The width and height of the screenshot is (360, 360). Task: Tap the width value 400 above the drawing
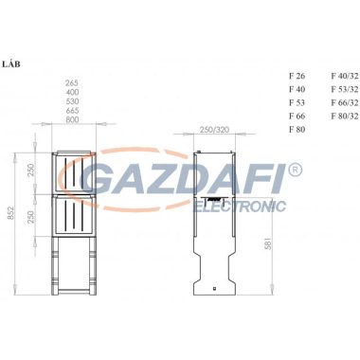(72, 93)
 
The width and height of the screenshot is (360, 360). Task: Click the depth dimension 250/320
(217, 130)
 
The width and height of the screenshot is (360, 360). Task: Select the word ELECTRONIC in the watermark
(238, 206)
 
